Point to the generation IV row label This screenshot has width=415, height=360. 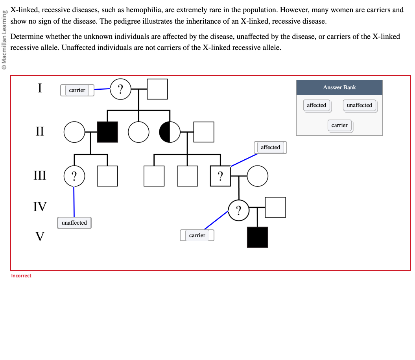click(x=40, y=207)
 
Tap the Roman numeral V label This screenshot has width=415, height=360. click(x=40, y=236)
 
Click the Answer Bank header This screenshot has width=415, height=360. click(x=339, y=88)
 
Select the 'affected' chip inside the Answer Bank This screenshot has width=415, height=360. click(x=317, y=105)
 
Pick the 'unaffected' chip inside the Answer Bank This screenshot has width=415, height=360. click(x=359, y=105)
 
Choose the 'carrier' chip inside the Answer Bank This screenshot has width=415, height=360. click(x=339, y=126)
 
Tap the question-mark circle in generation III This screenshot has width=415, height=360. click(x=74, y=175)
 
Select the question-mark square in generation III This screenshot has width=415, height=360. click(x=220, y=176)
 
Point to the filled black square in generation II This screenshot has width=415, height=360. click(x=107, y=132)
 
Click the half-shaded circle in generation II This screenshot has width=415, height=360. click(x=170, y=132)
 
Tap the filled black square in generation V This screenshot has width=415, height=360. click(x=257, y=237)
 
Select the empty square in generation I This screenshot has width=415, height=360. click(x=157, y=89)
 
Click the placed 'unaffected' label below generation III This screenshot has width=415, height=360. click(x=74, y=223)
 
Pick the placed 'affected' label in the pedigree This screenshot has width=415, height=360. click(x=270, y=148)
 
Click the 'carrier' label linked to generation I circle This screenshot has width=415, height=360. click(x=77, y=90)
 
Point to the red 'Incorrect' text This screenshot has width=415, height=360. click(x=21, y=276)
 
